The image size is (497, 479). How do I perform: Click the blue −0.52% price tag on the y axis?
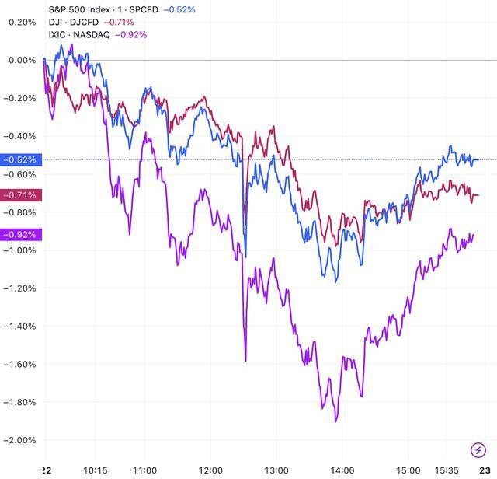[18, 159]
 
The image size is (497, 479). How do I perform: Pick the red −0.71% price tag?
[18, 194]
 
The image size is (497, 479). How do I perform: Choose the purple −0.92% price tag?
[18, 234]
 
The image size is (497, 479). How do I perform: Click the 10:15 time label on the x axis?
[96, 471]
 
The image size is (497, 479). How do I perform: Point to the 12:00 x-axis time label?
[211, 471]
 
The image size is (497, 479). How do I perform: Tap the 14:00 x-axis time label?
[342, 471]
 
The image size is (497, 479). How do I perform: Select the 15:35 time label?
[447, 471]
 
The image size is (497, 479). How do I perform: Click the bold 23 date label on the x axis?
[485, 471]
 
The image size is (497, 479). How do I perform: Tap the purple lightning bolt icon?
[478, 449]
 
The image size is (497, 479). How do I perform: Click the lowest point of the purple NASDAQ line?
[335, 421]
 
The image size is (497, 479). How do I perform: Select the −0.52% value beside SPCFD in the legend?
[179, 9]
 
